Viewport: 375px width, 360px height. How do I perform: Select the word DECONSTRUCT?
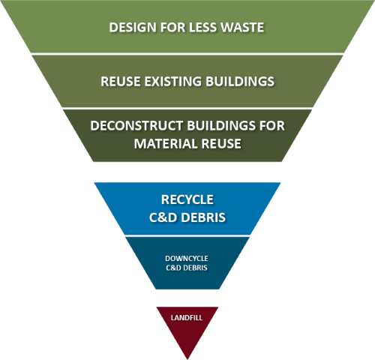click(135, 126)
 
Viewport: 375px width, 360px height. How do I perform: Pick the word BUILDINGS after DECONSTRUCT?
click(219, 126)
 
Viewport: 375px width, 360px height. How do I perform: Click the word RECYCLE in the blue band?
click(187, 200)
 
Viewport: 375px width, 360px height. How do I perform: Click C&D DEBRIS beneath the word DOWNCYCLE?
click(187, 268)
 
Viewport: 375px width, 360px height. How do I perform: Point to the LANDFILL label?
click(187, 318)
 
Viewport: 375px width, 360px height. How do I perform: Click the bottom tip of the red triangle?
click(187, 355)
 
